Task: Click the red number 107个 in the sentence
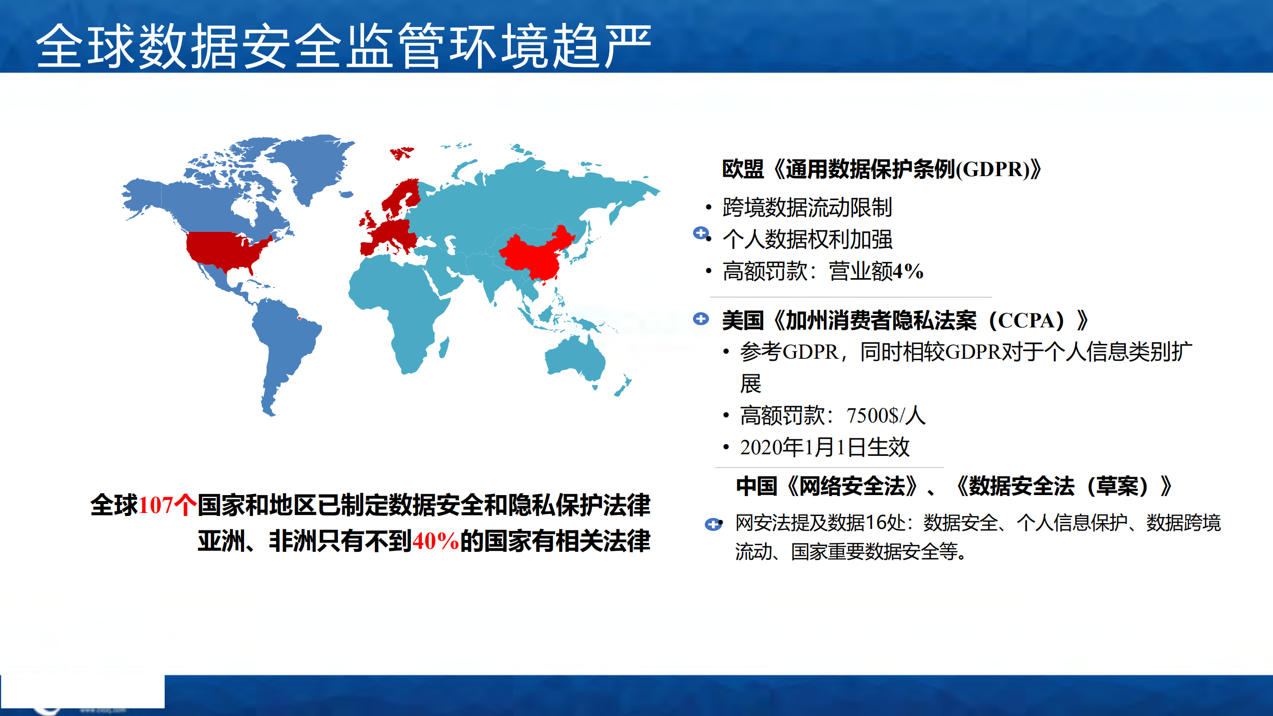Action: [x=167, y=506]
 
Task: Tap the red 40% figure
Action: [x=435, y=541]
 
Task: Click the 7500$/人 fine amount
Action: [x=885, y=416]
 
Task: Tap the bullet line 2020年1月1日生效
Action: [x=824, y=447]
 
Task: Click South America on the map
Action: [x=284, y=343]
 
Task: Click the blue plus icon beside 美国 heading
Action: [x=701, y=319]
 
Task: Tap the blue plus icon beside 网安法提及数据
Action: [x=713, y=524]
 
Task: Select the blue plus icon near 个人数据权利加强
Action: [x=700, y=233]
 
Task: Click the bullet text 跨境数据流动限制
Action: [x=807, y=207]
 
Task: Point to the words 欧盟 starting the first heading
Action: [x=742, y=170]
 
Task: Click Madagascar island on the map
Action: [x=444, y=347]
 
